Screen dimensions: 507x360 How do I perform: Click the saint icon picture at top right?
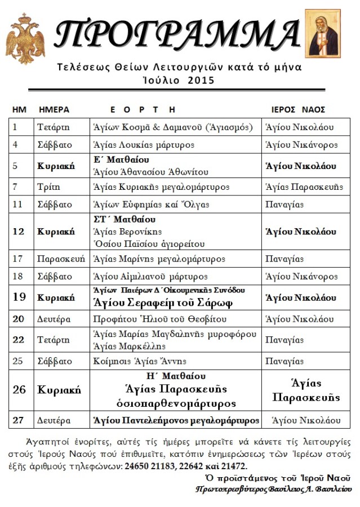click(323, 33)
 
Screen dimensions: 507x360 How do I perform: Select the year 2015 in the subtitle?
click(201, 81)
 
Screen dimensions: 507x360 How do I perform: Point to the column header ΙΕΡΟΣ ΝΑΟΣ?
click(298, 109)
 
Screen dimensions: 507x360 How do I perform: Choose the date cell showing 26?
click(19, 389)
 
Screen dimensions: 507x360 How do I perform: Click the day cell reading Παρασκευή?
click(61, 259)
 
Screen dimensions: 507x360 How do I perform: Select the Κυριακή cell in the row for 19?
click(56, 297)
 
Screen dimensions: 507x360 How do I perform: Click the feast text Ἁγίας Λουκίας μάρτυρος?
click(144, 145)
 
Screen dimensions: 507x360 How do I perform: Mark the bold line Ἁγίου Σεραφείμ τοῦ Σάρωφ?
click(163, 301)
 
